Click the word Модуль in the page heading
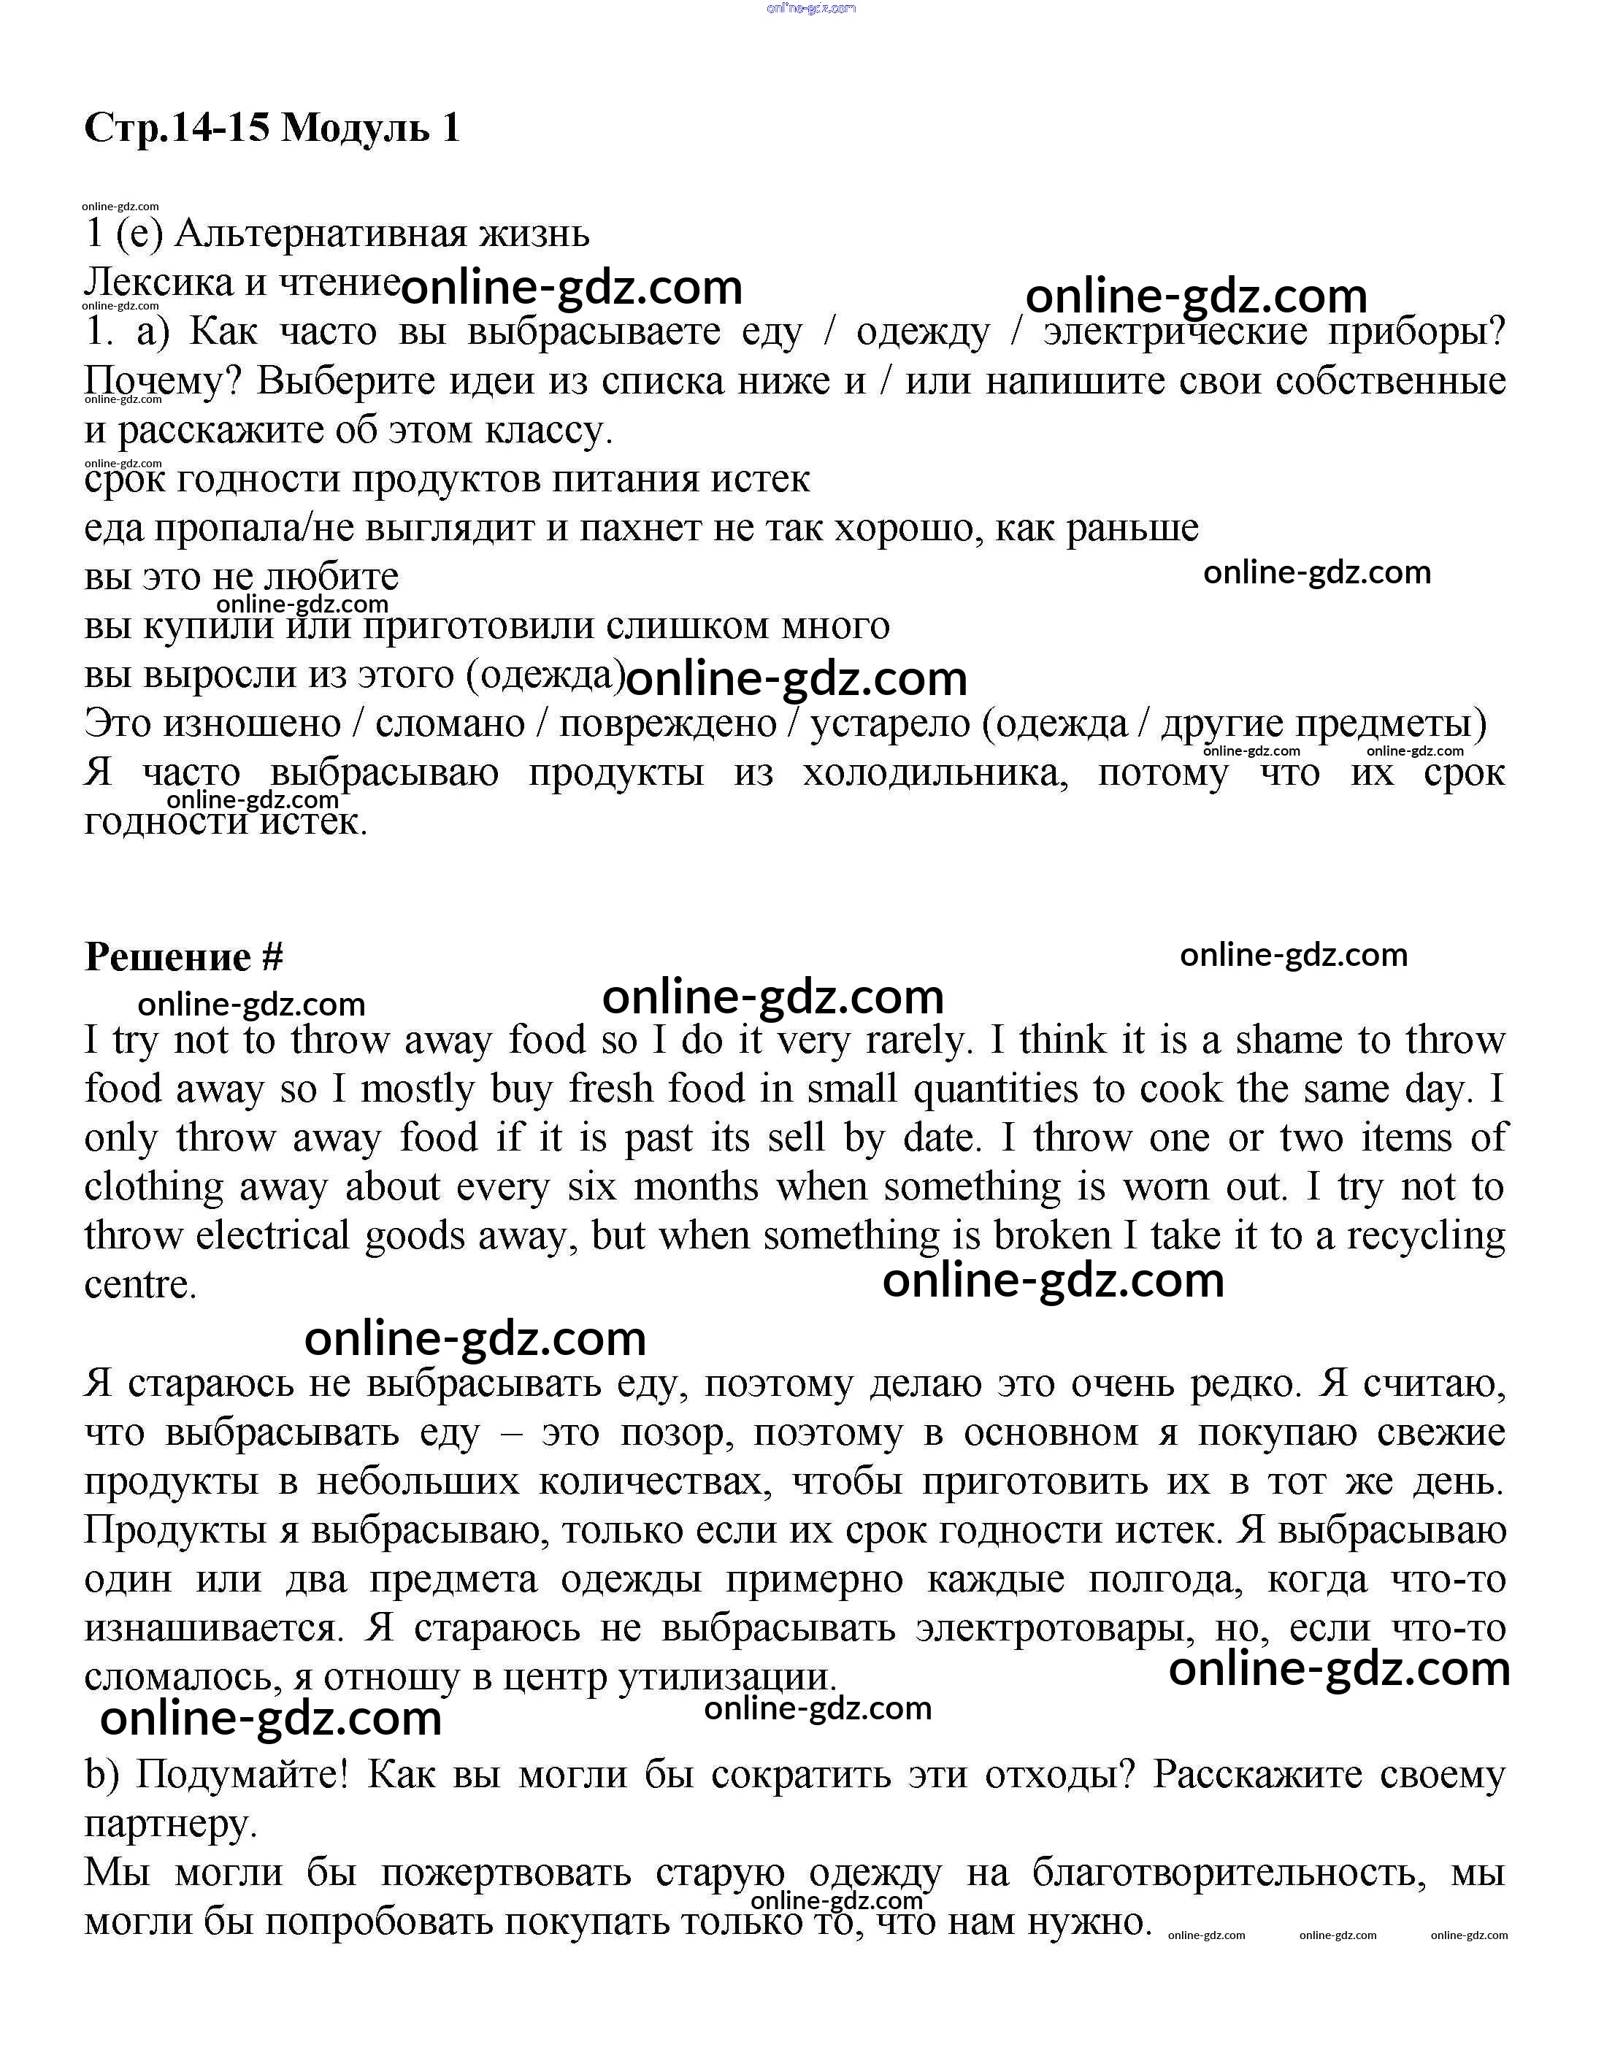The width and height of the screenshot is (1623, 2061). coord(353,127)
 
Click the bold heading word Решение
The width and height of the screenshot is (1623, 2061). coord(167,957)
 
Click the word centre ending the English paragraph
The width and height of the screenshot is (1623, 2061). coord(139,1285)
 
